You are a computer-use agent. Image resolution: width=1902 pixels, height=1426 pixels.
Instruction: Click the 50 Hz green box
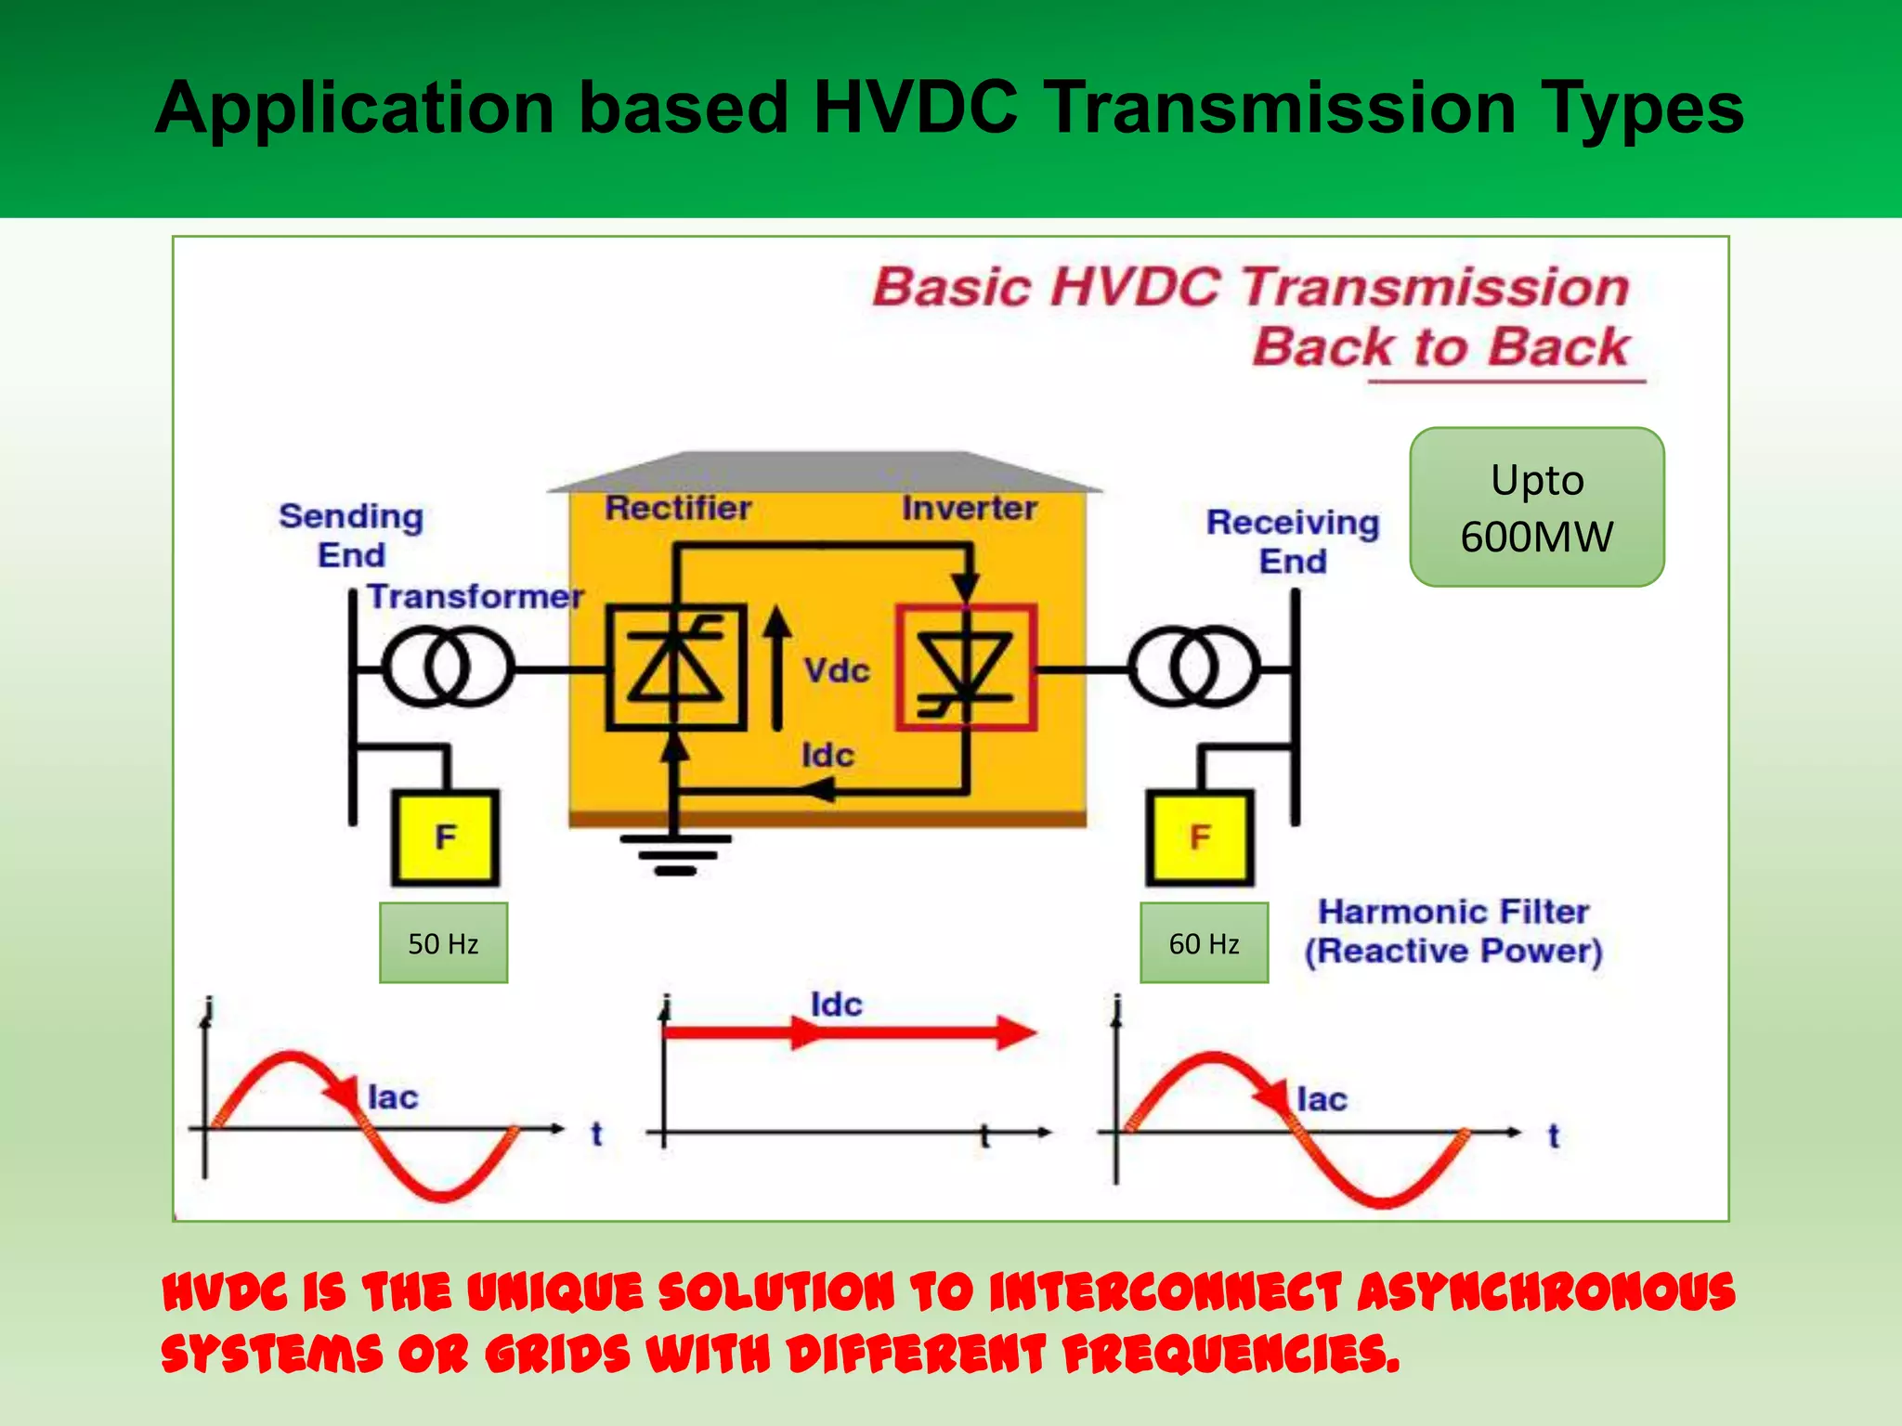pyautogui.click(x=443, y=943)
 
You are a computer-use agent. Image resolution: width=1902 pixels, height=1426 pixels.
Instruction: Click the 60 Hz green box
pyautogui.click(x=1204, y=943)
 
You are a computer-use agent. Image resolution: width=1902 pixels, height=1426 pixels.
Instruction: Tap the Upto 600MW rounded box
pyautogui.click(x=1536, y=507)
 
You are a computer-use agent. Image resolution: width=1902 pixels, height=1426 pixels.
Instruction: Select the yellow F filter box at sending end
pyautogui.click(x=445, y=837)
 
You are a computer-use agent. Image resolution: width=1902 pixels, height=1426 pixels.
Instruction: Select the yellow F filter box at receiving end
pyautogui.click(x=1200, y=837)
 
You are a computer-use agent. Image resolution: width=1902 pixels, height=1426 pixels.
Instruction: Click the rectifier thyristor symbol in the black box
pyautogui.click(x=676, y=668)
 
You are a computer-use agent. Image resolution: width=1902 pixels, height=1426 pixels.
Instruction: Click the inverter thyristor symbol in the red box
pyautogui.click(x=966, y=668)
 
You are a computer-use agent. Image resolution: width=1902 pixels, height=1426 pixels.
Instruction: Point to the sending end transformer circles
pyautogui.click(x=448, y=668)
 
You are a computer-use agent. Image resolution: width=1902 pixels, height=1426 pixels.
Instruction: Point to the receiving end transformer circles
pyautogui.click(x=1194, y=668)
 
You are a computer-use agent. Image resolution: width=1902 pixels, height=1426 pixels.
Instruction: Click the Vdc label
pyautogui.click(x=836, y=670)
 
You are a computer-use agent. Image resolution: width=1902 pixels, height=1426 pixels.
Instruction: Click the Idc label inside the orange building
pyautogui.click(x=827, y=755)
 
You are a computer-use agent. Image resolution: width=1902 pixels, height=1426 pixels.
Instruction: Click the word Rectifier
pyautogui.click(x=678, y=508)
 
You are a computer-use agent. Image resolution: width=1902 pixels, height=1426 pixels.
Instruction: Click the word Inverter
pyautogui.click(x=969, y=508)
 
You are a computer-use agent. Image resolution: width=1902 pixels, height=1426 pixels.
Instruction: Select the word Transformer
pyautogui.click(x=475, y=596)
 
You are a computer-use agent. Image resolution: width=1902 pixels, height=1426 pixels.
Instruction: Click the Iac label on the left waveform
pyautogui.click(x=393, y=1097)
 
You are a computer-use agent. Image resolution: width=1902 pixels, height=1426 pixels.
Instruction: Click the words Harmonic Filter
pyautogui.click(x=1453, y=912)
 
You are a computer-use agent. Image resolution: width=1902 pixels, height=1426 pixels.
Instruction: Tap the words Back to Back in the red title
pyautogui.click(x=1440, y=347)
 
